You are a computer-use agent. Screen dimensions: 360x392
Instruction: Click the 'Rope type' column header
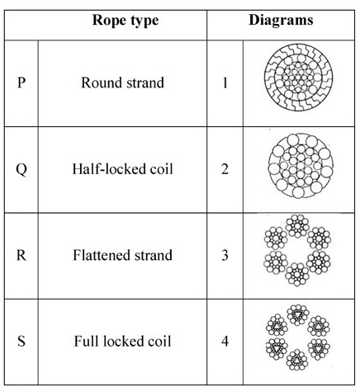tap(126, 21)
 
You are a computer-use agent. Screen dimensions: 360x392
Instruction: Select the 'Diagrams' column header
tap(281, 20)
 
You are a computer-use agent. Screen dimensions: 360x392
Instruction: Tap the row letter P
tap(21, 83)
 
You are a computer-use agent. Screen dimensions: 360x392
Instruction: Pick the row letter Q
tap(21, 169)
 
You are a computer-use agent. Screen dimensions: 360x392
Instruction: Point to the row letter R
tap(21, 255)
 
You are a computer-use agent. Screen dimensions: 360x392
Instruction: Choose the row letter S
tap(21, 342)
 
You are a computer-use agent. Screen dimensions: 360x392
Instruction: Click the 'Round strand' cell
tap(122, 83)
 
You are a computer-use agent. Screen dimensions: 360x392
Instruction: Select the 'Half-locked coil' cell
tap(122, 169)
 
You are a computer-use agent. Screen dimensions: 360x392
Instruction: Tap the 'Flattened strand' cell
tap(122, 255)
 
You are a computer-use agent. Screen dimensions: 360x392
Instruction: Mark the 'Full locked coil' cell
tap(122, 342)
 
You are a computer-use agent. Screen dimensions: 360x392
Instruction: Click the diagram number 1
tap(225, 83)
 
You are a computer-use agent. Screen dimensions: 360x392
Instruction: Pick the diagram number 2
tap(225, 169)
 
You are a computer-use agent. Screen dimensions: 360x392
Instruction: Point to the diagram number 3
tap(225, 255)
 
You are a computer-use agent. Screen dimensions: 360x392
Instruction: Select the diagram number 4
tap(225, 342)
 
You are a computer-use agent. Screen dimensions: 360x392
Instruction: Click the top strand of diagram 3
tap(297, 226)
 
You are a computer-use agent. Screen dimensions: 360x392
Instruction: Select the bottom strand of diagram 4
tap(297, 360)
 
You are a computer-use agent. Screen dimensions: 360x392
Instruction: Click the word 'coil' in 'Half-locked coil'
tap(161, 169)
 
